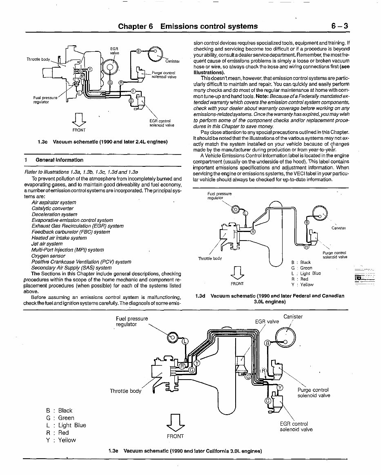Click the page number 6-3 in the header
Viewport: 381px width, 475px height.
tap(339, 26)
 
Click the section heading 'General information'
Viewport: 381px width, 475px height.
tap(59, 160)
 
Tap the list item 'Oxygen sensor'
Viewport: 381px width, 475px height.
tap(48, 256)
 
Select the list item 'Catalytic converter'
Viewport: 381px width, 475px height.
tap(52, 208)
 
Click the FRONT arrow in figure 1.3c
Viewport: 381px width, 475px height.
tap(79, 119)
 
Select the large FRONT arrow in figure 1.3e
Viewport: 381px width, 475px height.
tap(175, 422)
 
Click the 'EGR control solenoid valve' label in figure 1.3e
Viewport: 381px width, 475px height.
tap(296, 426)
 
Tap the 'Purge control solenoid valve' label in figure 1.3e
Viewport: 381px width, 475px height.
tap(314, 393)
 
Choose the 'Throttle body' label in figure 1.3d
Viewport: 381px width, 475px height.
tap(209, 258)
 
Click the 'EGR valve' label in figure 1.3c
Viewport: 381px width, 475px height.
tap(114, 51)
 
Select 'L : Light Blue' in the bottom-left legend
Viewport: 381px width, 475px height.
tap(66, 425)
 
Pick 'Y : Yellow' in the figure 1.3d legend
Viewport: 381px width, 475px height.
tap(303, 285)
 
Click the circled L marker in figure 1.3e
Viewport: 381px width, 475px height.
tap(185, 341)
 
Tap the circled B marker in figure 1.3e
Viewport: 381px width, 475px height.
tap(268, 343)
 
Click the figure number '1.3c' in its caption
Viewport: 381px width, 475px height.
tap(42, 142)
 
